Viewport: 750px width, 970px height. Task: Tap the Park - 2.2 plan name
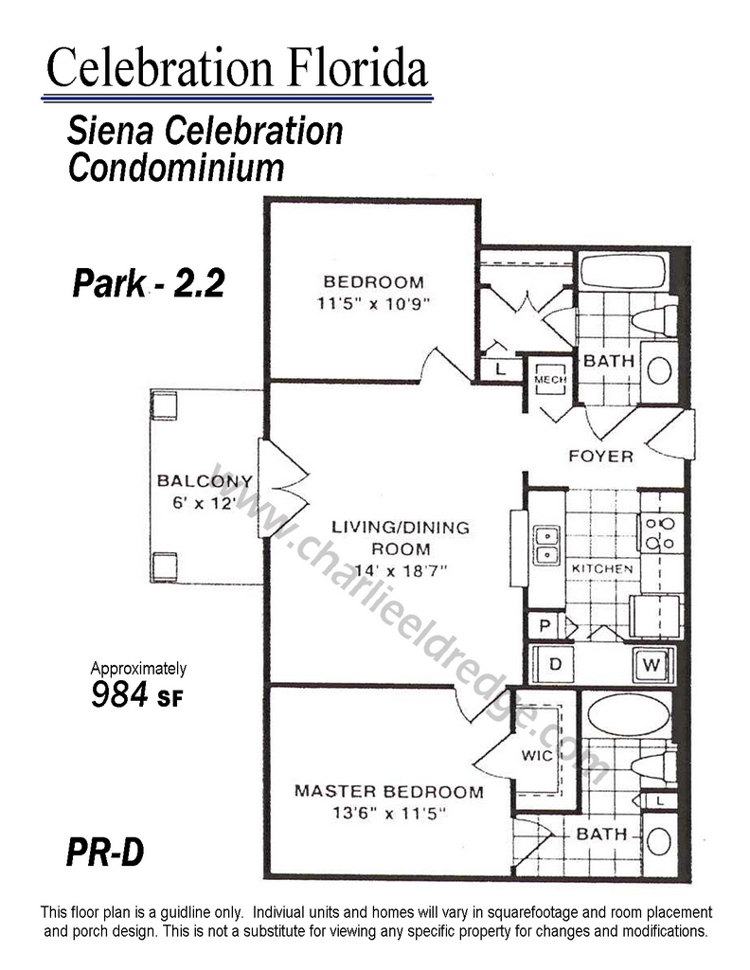[x=149, y=283]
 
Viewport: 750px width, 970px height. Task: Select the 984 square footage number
[x=118, y=693]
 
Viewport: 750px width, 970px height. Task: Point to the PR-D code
[x=105, y=852]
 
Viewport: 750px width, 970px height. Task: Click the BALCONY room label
[x=205, y=480]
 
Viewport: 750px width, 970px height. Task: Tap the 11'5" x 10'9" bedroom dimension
[x=373, y=304]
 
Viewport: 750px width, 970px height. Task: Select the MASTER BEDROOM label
[x=389, y=791]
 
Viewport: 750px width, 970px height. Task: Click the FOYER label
[x=601, y=457]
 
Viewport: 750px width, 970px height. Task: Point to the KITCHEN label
[x=602, y=568]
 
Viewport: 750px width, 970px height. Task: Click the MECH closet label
[x=550, y=379]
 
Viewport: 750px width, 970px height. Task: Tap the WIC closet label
[x=537, y=755]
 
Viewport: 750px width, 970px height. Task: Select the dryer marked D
[x=553, y=664]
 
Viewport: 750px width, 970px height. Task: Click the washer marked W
[x=652, y=665]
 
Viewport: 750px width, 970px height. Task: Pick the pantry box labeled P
[x=545, y=625]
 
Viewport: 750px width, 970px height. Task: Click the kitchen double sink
[x=547, y=545]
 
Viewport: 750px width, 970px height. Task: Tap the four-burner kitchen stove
[x=660, y=533]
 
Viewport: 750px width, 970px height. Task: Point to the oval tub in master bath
[x=628, y=714]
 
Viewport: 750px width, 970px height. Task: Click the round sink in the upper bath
[x=659, y=371]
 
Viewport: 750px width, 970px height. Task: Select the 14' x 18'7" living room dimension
[x=400, y=570]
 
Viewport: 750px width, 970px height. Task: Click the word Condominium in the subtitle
[x=176, y=168]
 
